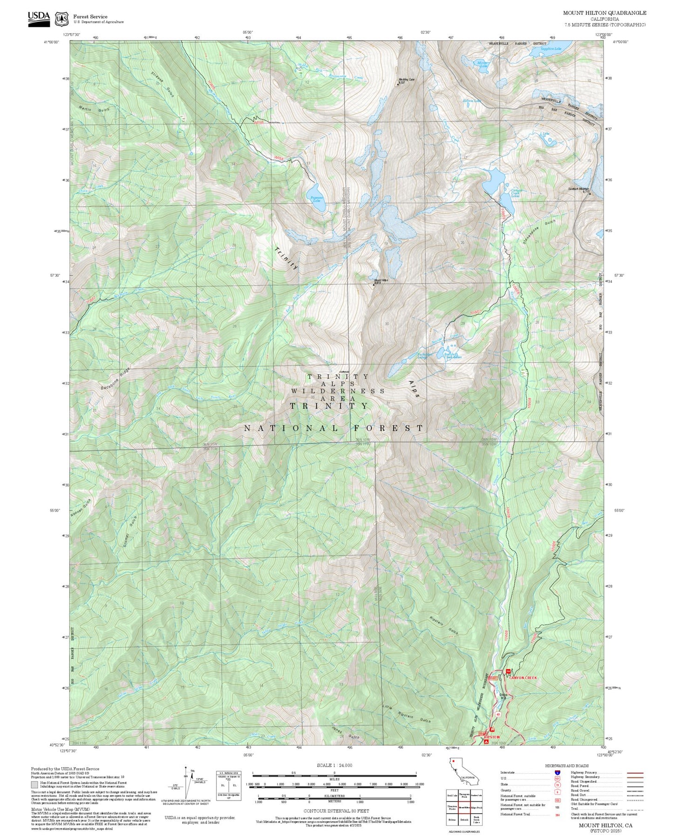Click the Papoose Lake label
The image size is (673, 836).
(x=317, y=199)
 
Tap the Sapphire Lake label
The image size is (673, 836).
(x=551, y=48)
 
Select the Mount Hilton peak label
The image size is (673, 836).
(x=381, y=281)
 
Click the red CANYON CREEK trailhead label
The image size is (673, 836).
(x=523, y=678)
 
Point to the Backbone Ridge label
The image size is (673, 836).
(x=115, y=379)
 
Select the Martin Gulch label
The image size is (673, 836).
(x=94, y=110)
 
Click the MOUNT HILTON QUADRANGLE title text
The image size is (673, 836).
(x=605, y=13)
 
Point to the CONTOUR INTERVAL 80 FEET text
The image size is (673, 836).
(x=336, y=811)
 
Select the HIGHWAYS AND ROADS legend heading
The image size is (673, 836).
(x=566, y=766)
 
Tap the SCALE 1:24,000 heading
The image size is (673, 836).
(x=334, y=765)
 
